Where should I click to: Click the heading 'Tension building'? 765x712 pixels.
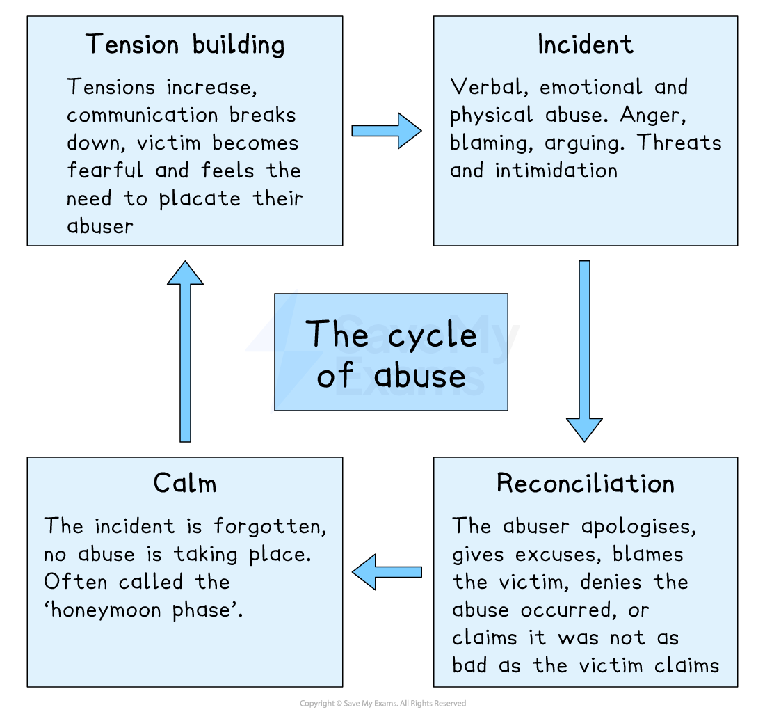click(x=185, y=45)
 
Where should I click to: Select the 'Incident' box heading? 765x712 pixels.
click(x=586, y=45)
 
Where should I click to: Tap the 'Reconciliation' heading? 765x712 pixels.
click(x=586, y=484)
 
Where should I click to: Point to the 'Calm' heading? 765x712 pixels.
click(x=185, y=484)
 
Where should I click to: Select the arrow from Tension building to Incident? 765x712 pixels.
click(x=387, y=131)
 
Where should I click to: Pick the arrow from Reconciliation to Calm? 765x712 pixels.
click(x=387, y=572)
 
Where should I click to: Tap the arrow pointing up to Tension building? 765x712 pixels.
click(x=185, y=351)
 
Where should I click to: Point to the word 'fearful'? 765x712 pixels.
click(x=105, y=171)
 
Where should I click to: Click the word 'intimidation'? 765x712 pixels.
click(x=556, y=171)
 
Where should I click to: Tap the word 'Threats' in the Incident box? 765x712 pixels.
click(x=679, y=143)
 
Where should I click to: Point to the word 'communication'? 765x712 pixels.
click(x=143, y=116)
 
